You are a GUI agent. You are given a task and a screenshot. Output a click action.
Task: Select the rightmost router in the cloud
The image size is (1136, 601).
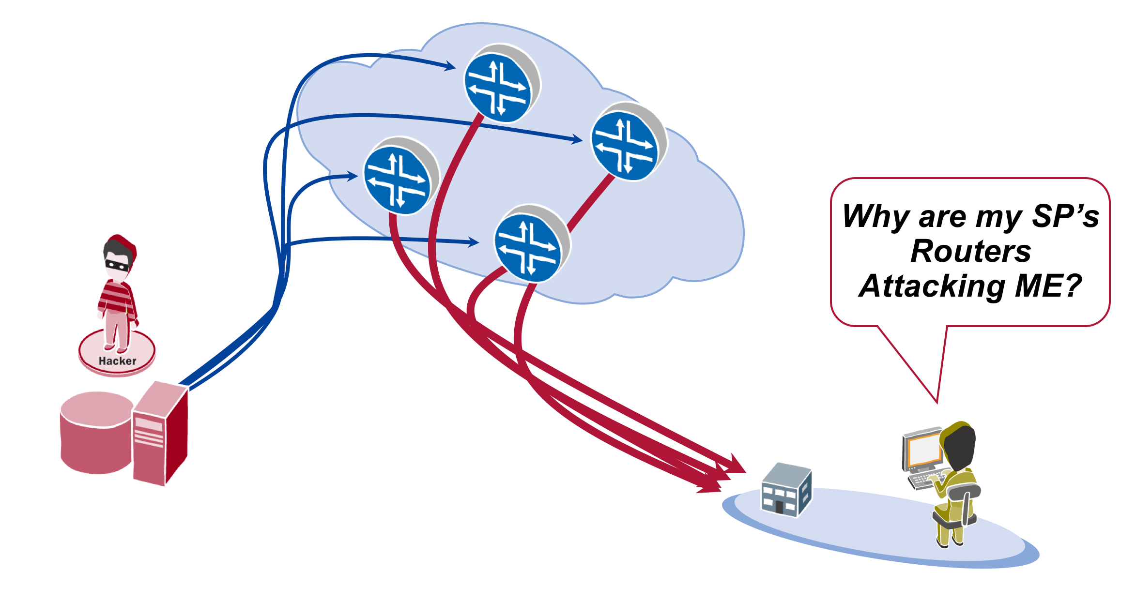(626, 145)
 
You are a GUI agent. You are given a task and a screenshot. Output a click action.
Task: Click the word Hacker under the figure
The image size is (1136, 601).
(117, 361)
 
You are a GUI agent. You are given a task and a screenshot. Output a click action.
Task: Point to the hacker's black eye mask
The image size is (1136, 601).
(117, 265)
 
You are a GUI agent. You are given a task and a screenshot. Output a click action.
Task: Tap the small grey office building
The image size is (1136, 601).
(785, 490)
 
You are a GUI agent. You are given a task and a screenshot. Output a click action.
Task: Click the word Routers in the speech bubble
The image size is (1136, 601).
(970, 251)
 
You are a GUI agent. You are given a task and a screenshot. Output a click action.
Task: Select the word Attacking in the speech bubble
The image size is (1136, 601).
(932, 286)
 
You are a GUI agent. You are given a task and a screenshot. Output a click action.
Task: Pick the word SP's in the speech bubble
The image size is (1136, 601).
(1065, 216)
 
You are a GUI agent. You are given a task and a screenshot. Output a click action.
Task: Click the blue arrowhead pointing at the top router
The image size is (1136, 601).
(450, 66)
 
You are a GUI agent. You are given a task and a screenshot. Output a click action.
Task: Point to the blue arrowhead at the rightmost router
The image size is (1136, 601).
(577, 140)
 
